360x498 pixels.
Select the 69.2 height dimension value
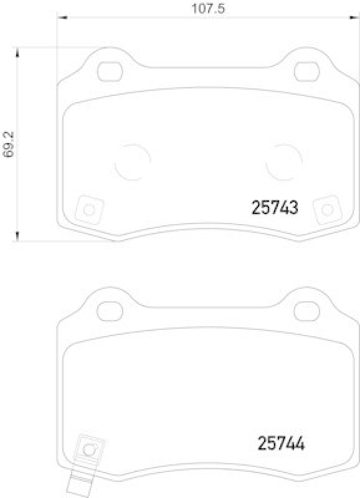click(x=8, y=144)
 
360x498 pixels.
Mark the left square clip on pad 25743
click(x=88, y=210)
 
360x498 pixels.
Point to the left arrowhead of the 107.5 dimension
click(x=60, y=18)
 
